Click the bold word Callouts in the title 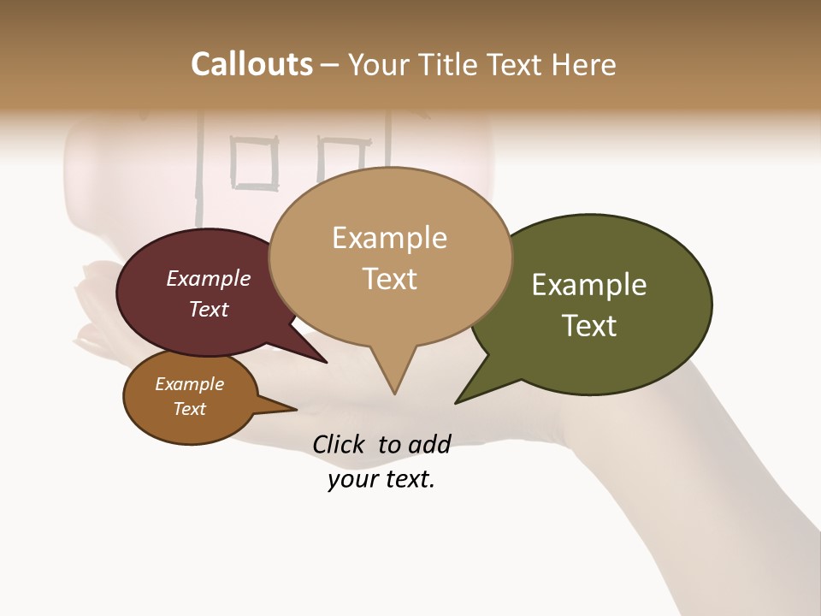251,64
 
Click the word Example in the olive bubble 589,285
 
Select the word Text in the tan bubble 390,279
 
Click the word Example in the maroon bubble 209,279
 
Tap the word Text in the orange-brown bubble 190,409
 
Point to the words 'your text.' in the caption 381,480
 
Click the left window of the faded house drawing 255,163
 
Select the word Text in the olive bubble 589,325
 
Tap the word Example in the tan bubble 390,238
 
